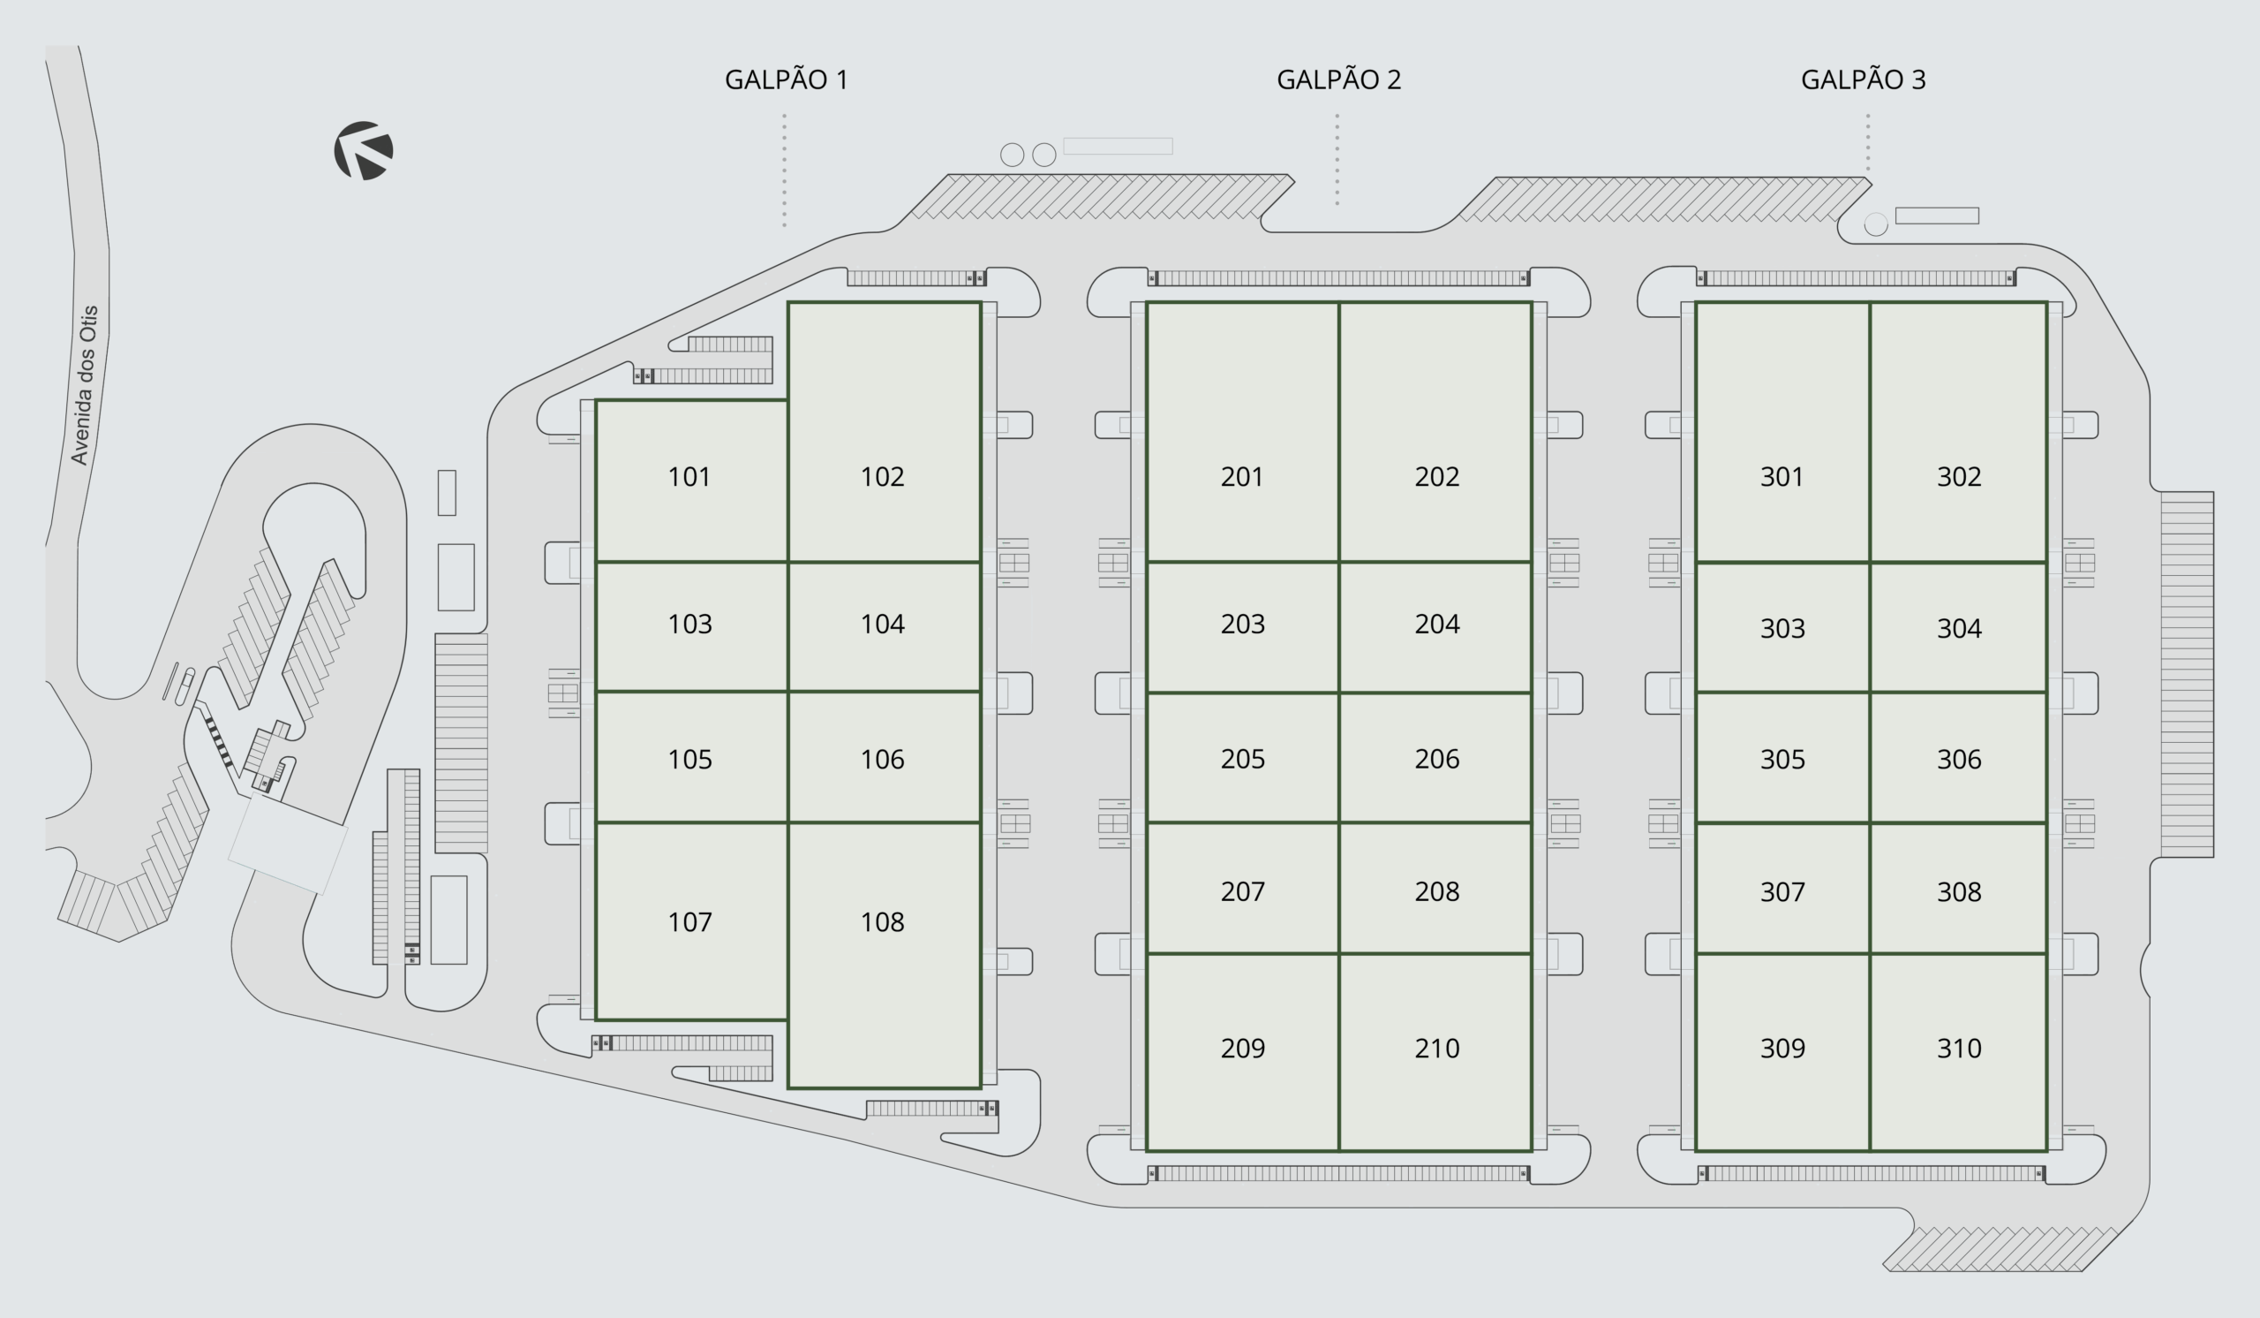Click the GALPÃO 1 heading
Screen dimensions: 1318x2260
[786, 80]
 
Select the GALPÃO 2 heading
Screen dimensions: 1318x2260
[1338, 80]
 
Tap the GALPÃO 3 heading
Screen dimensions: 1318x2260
[1863, 80]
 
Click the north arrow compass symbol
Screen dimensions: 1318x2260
[363, 151]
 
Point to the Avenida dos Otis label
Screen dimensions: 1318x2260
[86, 385]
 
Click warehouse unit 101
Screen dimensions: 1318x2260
[689, 476]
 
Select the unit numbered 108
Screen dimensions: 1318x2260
[883, 922]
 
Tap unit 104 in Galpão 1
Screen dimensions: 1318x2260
[883, 625]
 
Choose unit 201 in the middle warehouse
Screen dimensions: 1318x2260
[1242, 476]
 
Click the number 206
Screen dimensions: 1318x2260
[1436, 759]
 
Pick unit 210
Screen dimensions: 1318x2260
[1436, 1048]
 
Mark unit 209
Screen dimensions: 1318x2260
[1242, 1048]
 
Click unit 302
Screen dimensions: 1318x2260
[1959, 476]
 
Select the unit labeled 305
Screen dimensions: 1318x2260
[1782, 760]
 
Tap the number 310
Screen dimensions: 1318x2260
[1959, 1048]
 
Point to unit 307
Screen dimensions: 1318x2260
[1782, 892]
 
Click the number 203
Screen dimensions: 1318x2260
[1242, 625]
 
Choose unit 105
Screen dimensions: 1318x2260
[689, 760]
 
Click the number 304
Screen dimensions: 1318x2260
[1959, 628]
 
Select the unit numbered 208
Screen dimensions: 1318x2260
[1436, 891]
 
